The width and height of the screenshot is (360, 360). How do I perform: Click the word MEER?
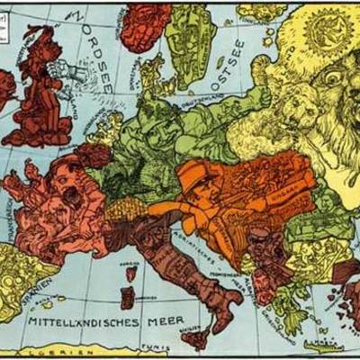tap(166, 319)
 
